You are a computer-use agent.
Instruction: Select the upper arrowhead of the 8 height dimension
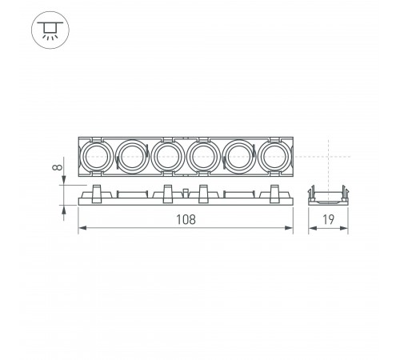pyautogui.click(x=62, y=182)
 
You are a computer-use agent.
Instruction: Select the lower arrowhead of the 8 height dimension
pyautogui.click(x=62, y=209)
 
